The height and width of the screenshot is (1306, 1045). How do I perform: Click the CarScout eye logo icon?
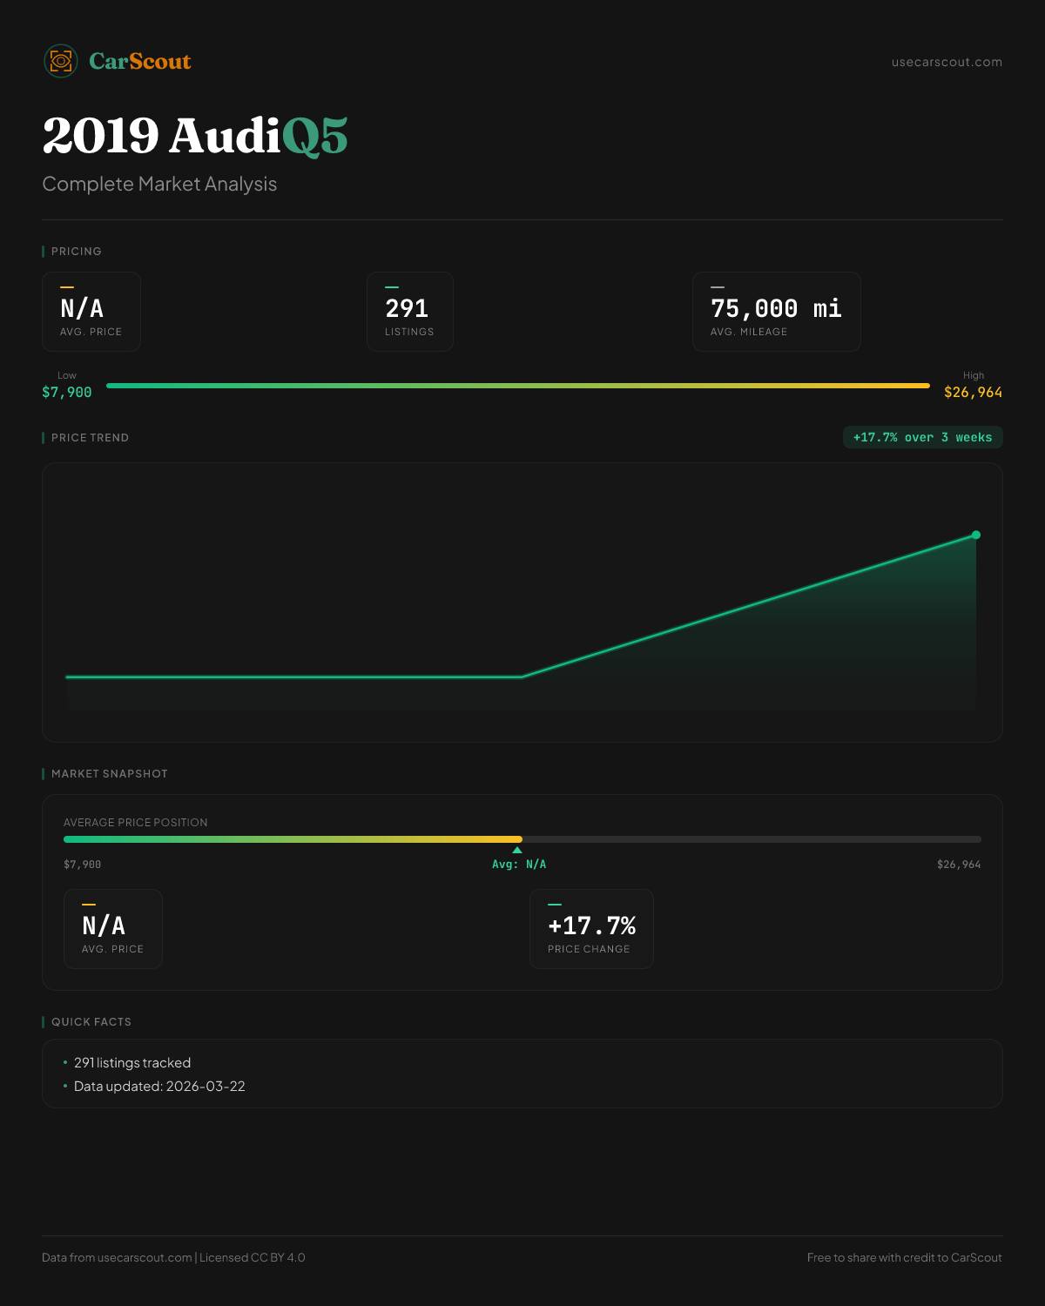[x=61, y=61]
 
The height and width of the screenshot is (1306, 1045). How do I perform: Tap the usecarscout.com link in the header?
[x=947, y=62]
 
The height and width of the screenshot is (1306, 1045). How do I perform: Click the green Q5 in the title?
[x=314, y=137]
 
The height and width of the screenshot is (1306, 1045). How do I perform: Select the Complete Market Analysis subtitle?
[x=159, y=184]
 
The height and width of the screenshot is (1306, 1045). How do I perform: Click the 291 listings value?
[x=407, y=308]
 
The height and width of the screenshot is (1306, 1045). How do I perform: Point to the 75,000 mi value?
[x=776, y=308]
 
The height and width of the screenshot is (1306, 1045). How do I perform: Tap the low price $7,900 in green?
[x=67, y=393]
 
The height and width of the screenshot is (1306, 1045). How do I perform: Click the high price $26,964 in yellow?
[x=973, y=393]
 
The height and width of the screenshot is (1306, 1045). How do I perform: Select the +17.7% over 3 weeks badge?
[x=922, y=437]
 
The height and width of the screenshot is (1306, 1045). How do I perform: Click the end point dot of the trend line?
[x=976, y=535]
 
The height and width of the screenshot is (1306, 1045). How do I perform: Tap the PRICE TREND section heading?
[x=90, y=438]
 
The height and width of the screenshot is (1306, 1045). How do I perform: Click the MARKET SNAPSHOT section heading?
[x=109, y=774]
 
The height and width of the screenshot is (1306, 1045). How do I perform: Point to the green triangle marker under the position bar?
[x=517, y=850]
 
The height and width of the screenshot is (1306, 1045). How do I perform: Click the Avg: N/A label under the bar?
[x=519, y=865]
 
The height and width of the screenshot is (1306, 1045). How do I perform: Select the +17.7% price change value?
[x=591, y=926]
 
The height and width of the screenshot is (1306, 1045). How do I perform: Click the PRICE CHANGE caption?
[x=589, y=949]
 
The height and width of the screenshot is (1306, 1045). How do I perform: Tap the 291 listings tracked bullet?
[x=132, y=1063]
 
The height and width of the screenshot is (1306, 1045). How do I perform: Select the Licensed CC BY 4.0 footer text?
[x=253, y=1257]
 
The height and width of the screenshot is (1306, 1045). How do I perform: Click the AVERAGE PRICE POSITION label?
[x=136, y=823]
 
